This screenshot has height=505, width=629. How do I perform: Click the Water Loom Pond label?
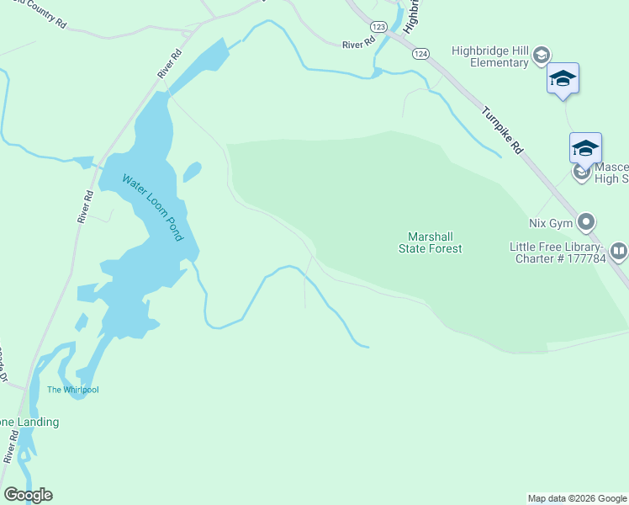pyautogui.click(x=152, y=208)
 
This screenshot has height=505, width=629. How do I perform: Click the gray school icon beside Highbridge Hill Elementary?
pyautogui.click(x=541, y=56)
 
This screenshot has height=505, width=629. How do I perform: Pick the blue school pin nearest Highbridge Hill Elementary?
pyautogui.click(x=563, y=80)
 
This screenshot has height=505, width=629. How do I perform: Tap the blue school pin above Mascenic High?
pyautogui.click(x=585, y=150)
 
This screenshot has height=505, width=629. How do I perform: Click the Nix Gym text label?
pyautogui.click(x=550, y=223)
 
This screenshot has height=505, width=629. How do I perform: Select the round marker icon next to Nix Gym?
pyautogui.click(x=586, y=223)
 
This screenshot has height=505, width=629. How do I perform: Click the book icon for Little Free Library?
pyautogui.click(x=618, y=250)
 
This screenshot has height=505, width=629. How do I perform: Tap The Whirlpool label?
pyautogui.click(x=72, y=390)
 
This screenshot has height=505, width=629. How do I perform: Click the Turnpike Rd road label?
pyautogui.click(x=503, y=130)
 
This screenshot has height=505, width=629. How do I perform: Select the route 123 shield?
pyautogui.click(x=378, y=28)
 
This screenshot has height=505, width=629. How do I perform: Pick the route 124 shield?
pyautogui.click(x=420, y=53)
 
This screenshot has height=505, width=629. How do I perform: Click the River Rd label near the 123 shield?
pyautogui.click(x=357, y=45)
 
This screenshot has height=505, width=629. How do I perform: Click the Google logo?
pyautogui.click(x=28, y=495)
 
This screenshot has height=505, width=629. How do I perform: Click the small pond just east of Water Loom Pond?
pyautogui.click(x=192, y=172)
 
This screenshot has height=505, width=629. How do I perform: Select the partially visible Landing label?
pyautogui.click(x=29, y=422)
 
